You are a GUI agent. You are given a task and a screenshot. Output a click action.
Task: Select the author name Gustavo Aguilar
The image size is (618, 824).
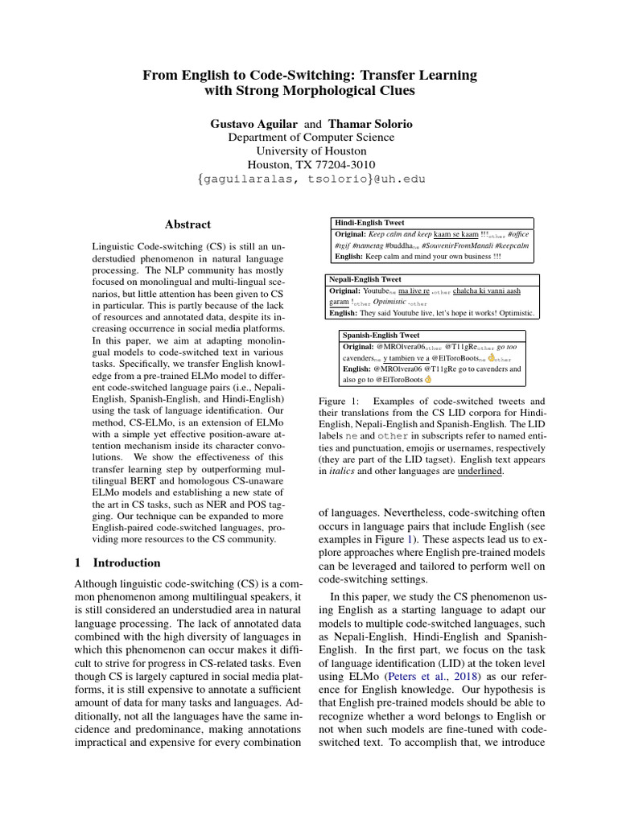253,124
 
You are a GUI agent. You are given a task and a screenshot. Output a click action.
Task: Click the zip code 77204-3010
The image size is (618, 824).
341,164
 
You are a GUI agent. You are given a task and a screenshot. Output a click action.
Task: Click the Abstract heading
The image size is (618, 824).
187,225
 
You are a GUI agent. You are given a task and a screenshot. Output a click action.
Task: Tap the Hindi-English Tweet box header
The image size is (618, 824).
369,222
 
